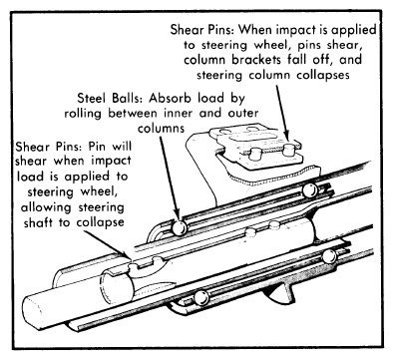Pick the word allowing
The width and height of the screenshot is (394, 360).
click(x=46, y=207)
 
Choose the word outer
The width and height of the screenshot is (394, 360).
click(x=242, y=114)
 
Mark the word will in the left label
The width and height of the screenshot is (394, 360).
click(x=122, y=147)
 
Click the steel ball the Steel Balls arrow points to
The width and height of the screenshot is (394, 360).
click(x=179, y=227)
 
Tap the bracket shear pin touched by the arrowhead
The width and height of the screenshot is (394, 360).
click(x=289, y=151)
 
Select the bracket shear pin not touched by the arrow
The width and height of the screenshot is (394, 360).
click(x=255, y=155)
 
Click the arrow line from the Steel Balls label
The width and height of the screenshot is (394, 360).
click(x=170, y=177)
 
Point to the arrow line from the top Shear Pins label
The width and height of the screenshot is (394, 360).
click(x=283, y=112)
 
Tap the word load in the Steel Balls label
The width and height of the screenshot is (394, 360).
click(x=210, y=99)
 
